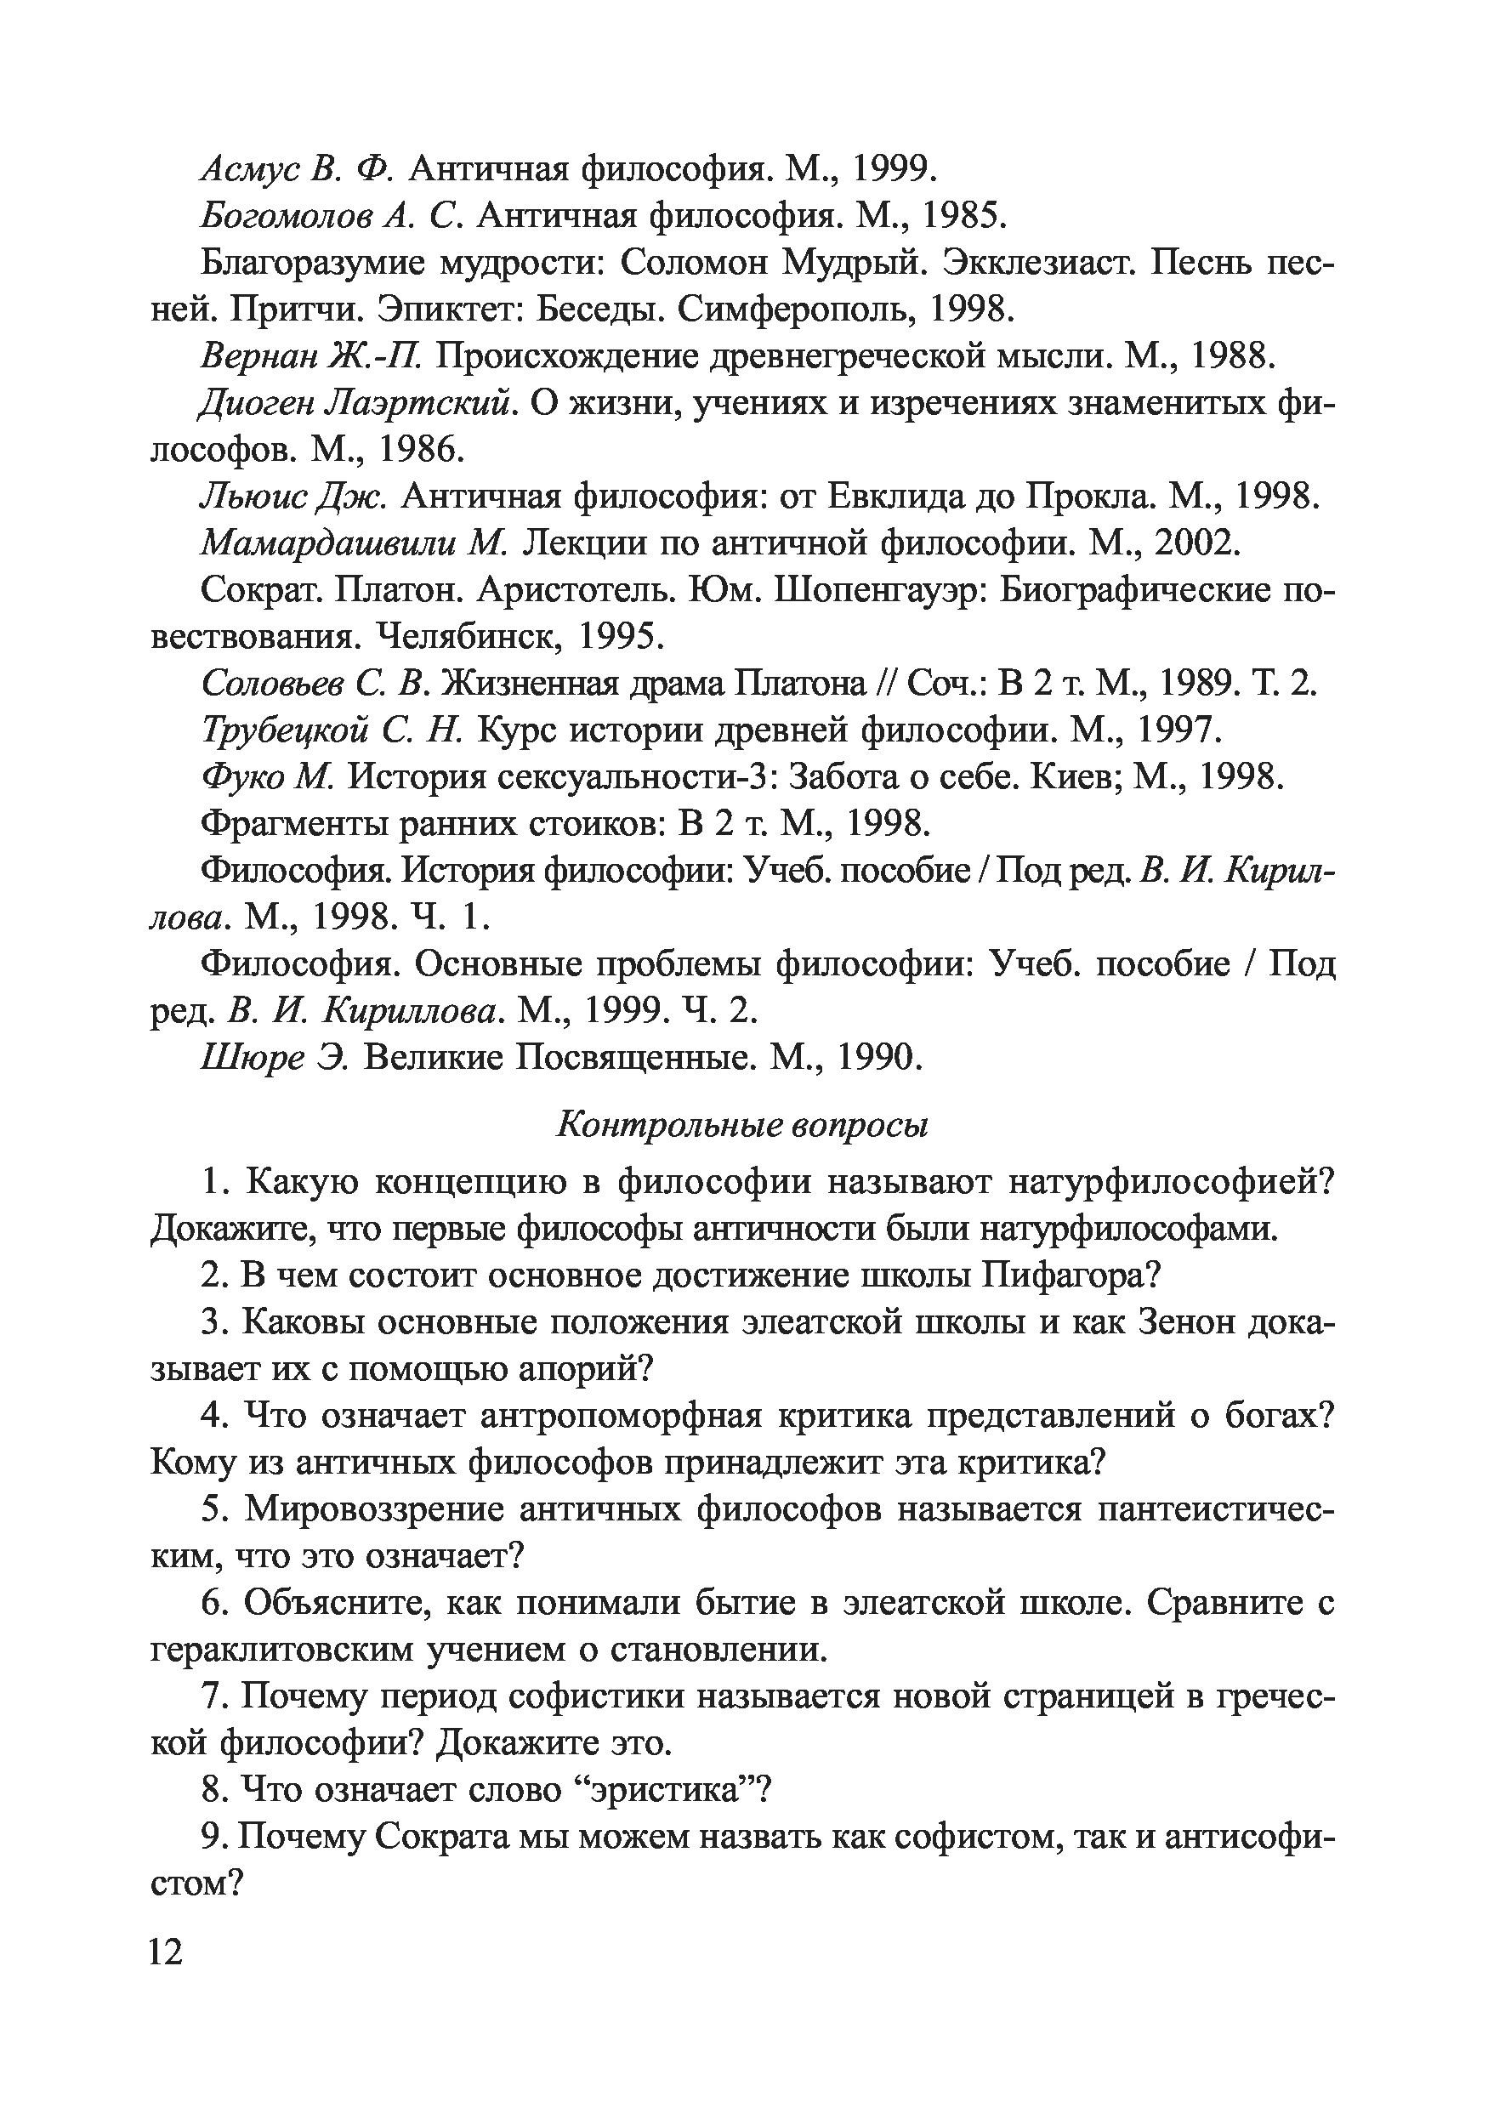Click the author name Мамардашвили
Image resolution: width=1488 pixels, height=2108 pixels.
coord(327,543)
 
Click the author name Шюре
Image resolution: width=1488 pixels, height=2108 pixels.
coord(252,1059)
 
